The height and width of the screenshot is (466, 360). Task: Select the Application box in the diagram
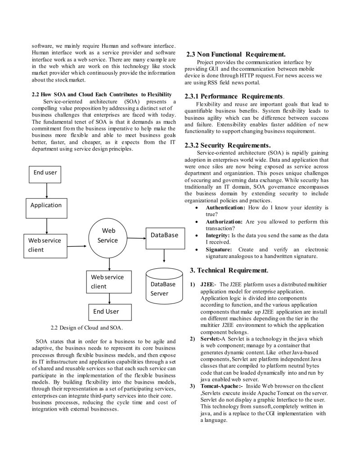pos(46,205)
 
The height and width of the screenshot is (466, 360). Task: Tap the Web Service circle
pos(108,235)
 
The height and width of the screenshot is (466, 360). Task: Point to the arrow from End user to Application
pos(47,190)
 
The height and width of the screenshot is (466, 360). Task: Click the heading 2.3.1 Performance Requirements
pos(234,96)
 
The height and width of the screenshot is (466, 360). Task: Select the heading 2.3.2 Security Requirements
pos(228,145)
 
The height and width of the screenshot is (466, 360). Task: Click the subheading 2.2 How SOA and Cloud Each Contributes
pos(101,95)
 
